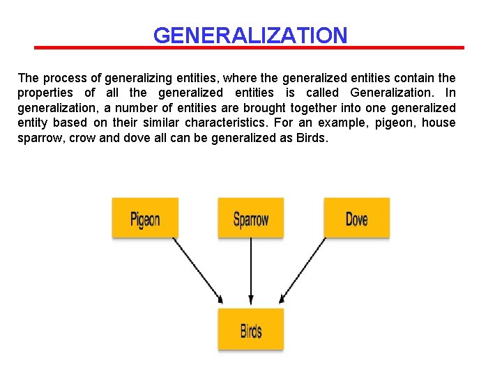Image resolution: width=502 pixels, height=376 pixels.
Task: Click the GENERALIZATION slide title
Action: (250, 35)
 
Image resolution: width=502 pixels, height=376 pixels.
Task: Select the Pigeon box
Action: (145, 219)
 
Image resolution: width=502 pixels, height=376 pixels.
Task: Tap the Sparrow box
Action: (251, 219)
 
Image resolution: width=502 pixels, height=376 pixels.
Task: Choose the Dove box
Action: (356, 219)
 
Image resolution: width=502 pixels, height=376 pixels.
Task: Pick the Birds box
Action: (251, 329)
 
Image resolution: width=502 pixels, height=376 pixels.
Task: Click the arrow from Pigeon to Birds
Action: (197, 270)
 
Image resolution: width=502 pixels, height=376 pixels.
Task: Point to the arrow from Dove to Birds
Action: (303, 270)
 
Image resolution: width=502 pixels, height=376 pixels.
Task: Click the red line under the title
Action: (250, 47)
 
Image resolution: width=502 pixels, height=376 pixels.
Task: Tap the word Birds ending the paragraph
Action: (310, 138)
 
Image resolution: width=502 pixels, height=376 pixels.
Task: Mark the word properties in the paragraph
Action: (45, 93)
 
